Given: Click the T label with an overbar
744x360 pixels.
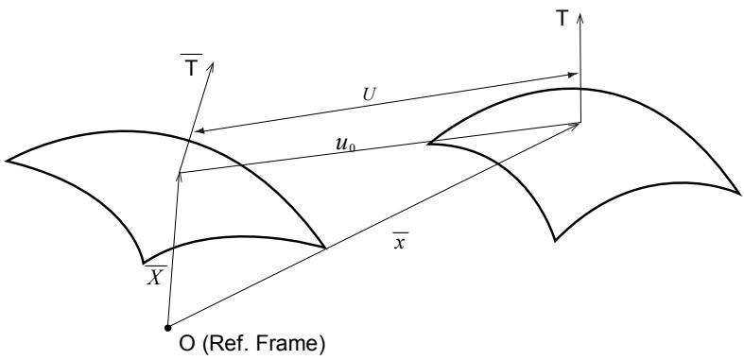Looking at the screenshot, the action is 192,65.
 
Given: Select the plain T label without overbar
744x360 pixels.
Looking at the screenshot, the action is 562,19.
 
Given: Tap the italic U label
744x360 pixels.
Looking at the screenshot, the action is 369,94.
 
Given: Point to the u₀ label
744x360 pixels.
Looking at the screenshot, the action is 345,145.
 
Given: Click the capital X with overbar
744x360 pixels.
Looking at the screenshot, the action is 155,275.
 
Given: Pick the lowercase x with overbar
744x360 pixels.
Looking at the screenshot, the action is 400,242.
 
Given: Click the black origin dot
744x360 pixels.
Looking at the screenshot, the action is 167,328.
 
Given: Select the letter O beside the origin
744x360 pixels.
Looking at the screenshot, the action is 187,344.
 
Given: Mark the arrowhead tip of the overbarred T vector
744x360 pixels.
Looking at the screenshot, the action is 212,62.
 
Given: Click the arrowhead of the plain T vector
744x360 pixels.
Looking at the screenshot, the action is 580,14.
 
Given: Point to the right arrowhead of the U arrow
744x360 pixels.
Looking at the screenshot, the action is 578,74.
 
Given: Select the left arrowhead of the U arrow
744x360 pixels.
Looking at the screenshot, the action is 196,131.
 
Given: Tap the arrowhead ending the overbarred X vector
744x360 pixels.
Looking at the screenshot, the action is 180,173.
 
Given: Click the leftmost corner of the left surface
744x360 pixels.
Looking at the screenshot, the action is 7,162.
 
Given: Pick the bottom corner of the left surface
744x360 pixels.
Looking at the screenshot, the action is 144,263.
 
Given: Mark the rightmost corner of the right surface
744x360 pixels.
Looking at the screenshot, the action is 738,193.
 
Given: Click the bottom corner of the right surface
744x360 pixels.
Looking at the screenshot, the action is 555,241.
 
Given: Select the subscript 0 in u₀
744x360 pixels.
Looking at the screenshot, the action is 353,147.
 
